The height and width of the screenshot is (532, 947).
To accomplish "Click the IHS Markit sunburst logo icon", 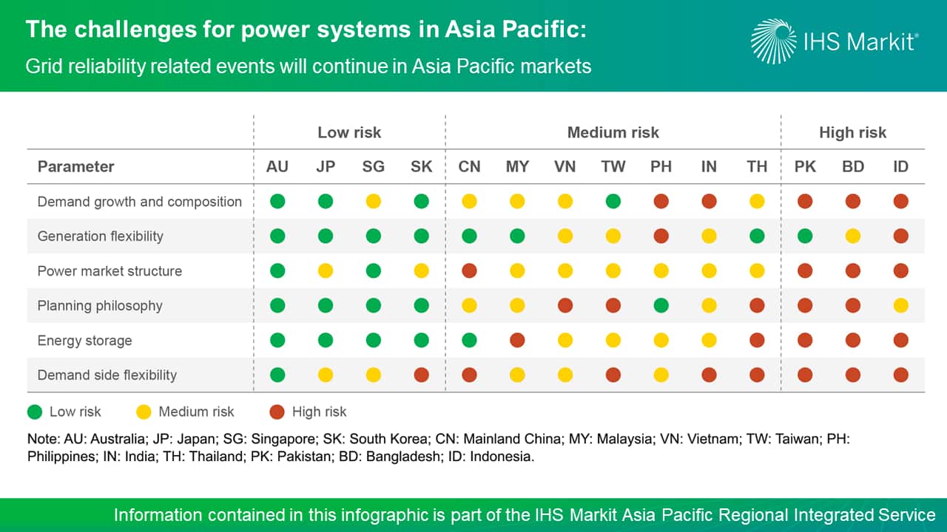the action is (x=774, y=41).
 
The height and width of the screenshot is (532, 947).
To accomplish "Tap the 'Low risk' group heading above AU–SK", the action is (x=349, y=132).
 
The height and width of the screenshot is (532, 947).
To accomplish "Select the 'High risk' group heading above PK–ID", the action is (x=853, y=132).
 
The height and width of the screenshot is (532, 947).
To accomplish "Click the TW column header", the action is (x=613, y=167).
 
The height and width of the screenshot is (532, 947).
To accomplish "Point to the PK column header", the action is (x=805, y=167).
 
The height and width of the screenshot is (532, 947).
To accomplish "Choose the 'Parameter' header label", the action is (x=75, y=167).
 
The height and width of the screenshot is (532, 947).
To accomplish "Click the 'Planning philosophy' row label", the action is (x=100, y=306).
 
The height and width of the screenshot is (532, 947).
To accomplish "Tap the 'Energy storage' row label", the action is (x=84, y=341).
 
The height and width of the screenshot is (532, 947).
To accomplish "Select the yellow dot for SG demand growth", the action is (x=374, y=202).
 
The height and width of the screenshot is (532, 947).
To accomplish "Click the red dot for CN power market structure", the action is (x=469, y=270).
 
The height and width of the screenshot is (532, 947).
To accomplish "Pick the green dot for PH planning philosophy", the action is (x=661, y=305).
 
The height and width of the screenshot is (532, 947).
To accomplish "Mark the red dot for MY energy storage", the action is (x=517, y=340).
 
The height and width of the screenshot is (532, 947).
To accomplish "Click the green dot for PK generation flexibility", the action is (x=805, y=236).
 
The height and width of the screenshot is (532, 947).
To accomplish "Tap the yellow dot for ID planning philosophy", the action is (x=901, y=305).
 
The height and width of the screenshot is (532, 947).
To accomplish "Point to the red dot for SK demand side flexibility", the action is (x=422, y=375).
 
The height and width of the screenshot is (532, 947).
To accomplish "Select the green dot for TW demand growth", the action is (x=613, y=202).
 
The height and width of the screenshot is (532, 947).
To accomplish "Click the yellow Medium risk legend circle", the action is (x=144, y=412).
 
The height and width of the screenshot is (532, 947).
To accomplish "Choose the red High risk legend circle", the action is (x=277, y=412).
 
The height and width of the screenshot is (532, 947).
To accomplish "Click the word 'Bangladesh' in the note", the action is (x=403, y=457).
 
